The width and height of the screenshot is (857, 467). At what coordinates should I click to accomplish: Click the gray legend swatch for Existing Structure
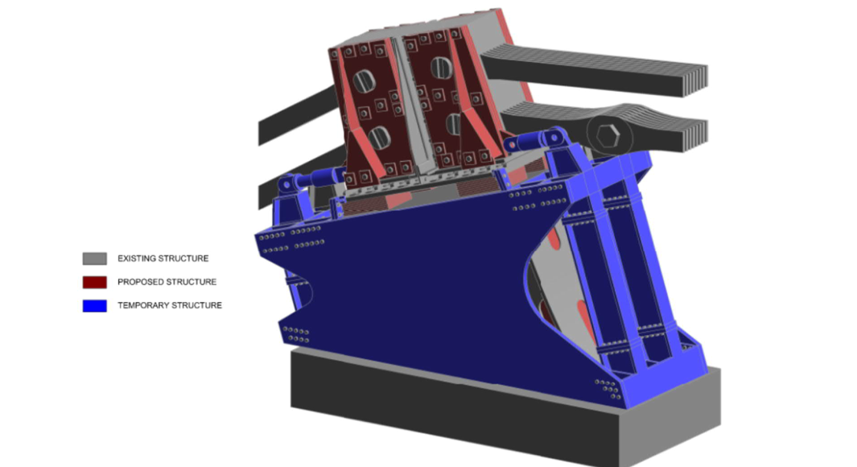click(95, 258)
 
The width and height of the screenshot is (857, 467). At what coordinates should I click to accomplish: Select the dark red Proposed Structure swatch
click(95, 282)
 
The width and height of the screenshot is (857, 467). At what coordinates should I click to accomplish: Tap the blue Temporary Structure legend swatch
click(95, 306)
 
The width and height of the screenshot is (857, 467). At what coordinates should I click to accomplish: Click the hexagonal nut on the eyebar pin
click(608, 135)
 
